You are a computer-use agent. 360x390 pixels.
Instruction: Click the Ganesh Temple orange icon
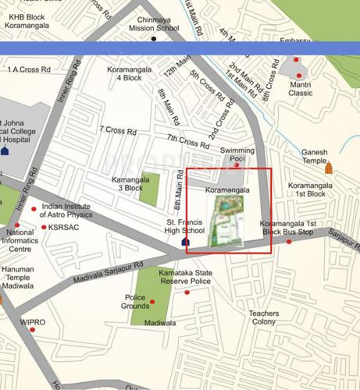329,168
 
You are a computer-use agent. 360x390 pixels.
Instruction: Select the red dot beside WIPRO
32,331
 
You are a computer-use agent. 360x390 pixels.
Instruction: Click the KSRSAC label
64,227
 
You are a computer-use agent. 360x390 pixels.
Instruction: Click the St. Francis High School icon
185,242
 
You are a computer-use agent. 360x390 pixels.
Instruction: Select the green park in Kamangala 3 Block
149,188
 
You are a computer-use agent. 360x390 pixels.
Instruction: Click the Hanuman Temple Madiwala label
19,276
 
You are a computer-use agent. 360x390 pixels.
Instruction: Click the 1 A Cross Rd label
28,69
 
